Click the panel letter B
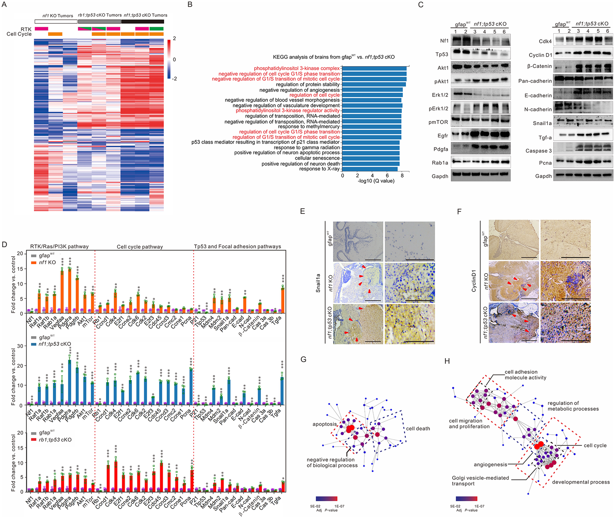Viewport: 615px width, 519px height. pyautogui.click(x=190, y=5)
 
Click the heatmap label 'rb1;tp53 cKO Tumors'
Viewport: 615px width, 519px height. pyautogui.click(x=100, y=15)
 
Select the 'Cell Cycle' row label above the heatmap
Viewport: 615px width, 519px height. pyautogui.click(x=19, y=34)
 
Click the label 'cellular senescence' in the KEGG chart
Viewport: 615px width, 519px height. pyautogui.click(x=317, y=158)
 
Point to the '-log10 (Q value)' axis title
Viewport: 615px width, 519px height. pyautogui.click(x=376, y=181)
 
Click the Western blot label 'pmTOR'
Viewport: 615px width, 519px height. pyautogui.click(x=438, y=122)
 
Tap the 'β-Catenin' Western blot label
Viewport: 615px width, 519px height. pyautogui.click(x=539, y=66)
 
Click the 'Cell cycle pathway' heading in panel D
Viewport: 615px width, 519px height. pyautogui.click(x=140, y=247)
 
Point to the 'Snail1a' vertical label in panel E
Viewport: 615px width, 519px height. pyautogui.click(x=318, y=283)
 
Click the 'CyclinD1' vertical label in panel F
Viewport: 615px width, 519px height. pyautogui.click(x=474, y=281)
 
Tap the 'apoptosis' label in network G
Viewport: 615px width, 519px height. pyautogui.click(x=325, y=424)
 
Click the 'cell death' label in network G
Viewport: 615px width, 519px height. pyautogui.click(x=418, y=429)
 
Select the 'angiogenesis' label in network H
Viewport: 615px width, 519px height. pyautogui.click(x=490, y=465)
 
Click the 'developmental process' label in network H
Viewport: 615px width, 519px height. pyautogui.click(x=581, y=482)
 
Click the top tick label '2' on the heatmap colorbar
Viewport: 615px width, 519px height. pyautogui.click(x=174, y=38)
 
